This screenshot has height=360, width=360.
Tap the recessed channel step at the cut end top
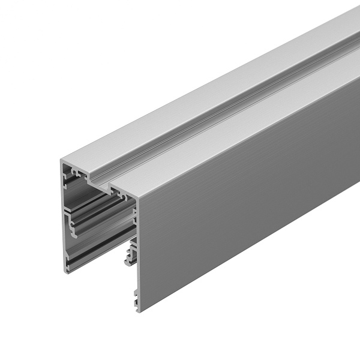(98, 180)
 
